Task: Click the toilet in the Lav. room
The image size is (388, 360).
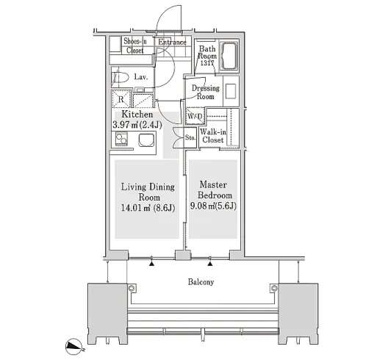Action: click(121, 77)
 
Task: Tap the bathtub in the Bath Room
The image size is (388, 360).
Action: click(229, 56)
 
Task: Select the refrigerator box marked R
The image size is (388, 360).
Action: click(121, 98)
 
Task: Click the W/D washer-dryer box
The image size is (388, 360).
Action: click(195, 116)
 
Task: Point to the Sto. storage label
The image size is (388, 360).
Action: click(190, 137)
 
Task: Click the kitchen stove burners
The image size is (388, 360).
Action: click(121, 139)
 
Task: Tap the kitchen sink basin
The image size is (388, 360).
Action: click(145, 140)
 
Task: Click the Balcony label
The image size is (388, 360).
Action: click(201, 282)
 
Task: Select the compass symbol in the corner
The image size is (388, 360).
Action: click(73, 345)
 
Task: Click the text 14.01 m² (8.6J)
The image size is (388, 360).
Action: click(148, 208)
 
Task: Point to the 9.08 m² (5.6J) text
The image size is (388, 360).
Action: click(213, 206)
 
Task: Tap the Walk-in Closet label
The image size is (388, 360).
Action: click(213, 136)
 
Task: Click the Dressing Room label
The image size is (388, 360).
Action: click(206, 92)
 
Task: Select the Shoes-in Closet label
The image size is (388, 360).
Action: click(135, 46)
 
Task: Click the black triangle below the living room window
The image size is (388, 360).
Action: click(151, 264)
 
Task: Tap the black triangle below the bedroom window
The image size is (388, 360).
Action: click(210, 264)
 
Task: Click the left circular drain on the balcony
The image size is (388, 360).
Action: click(131, 288)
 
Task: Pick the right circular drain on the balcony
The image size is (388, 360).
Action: click(274, 288)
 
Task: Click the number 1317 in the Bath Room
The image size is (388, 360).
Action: click(207, 63)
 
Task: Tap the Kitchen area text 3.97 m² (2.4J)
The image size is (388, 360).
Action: click(137, 125)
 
